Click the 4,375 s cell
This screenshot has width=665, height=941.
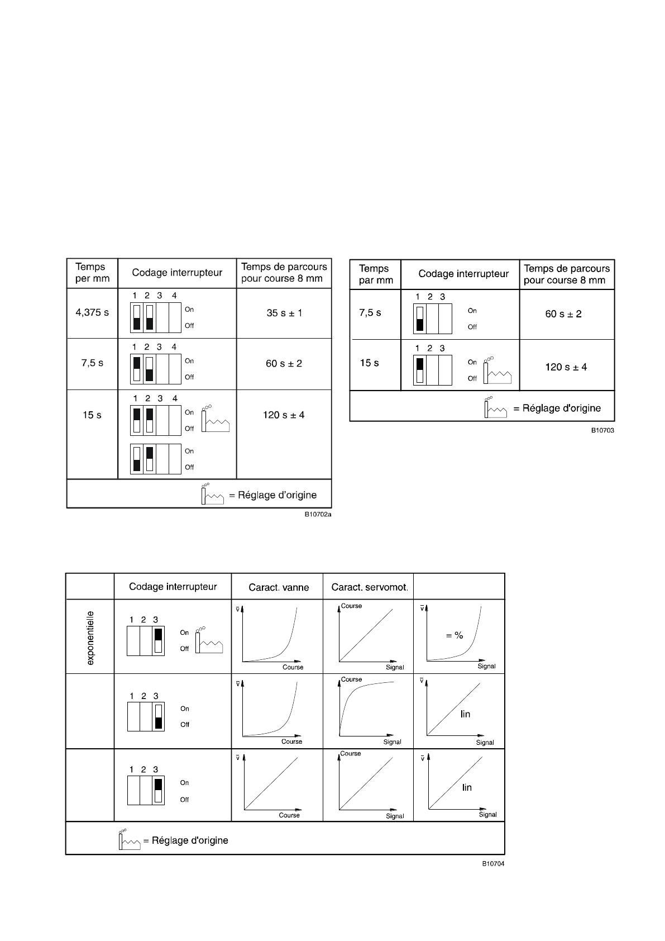(x=92, y=312)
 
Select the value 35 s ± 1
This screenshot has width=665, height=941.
(x=284, y=313)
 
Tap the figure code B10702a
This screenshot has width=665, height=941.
(x=318, y=514)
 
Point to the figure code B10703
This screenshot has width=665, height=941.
(x=603, y=430)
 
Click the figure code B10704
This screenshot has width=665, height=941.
(x=494, y=863)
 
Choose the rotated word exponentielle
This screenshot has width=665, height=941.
(x=90, y=638)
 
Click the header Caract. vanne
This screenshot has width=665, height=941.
(x=279, y=587)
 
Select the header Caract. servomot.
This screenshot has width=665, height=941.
(x=370, y=587)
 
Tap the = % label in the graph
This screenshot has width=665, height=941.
(x=455, y=635)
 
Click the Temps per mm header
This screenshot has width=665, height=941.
(x=92, y=273)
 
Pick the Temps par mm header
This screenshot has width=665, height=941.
(x=376, y=274)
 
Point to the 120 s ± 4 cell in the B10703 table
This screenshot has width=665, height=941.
(x=566, y=367)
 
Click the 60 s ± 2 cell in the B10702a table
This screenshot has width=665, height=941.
(x=284, y=364)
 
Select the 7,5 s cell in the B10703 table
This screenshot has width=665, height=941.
(x=370, y=312)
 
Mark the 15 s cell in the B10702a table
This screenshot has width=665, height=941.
(x=92, y=415)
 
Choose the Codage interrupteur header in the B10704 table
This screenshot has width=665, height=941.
(x=173, y=587)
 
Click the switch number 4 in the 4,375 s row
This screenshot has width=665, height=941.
(x=174, y=296)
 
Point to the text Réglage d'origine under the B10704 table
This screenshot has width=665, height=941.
(x=190, y=840)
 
